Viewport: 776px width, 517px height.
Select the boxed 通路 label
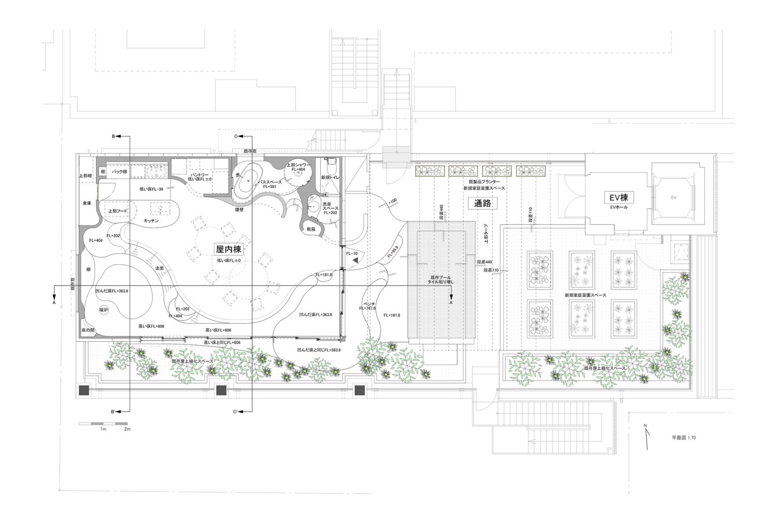click(482, 203)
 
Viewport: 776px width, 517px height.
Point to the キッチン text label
click(151, 221)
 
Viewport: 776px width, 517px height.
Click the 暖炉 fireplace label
click(104, 310)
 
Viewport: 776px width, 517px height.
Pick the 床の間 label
click(88, 329)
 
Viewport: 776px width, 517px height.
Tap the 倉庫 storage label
click(86, 203)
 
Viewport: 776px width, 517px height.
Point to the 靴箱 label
click(311, 229)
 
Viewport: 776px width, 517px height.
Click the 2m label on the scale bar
click(127, 429)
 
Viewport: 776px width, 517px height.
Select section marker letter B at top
click(113, 136)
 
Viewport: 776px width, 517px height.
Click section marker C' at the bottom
click(235, 412)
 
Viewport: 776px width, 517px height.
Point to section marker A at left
click(53, 303)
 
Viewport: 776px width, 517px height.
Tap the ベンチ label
click(368, 303)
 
